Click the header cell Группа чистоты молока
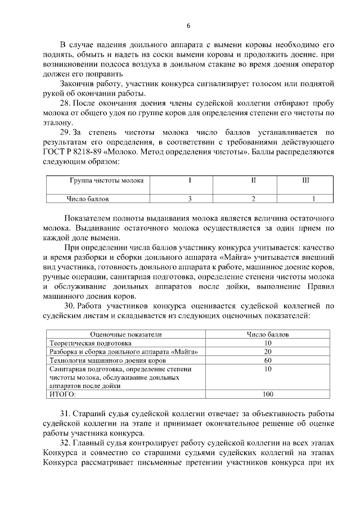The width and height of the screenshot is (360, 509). pos(106,181)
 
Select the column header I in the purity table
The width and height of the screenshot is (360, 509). pos(190,181)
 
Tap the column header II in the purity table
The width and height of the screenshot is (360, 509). pos(254,181)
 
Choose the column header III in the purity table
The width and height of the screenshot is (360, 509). pos(305,181)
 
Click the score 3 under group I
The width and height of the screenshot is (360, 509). pos(190,199)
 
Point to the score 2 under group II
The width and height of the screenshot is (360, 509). pos(254,199)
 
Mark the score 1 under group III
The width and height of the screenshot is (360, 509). pos(313,199)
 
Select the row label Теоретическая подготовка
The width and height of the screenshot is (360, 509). pos(90,343)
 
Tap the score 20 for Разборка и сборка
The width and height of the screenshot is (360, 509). pos(267,352)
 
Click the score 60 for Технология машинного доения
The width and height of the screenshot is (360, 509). pos(267,360)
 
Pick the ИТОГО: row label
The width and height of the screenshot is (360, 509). pos(62,394)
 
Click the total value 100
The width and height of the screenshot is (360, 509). pos(267,394)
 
